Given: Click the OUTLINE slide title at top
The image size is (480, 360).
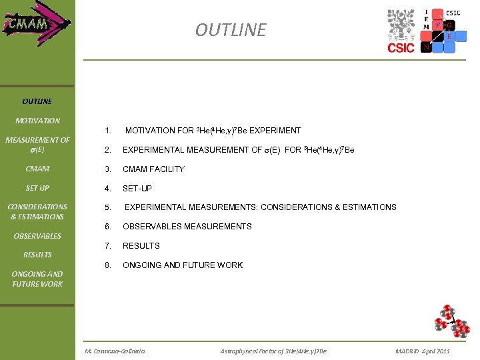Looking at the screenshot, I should coord(230,30).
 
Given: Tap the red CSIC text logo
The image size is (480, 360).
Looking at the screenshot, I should coord(401,47).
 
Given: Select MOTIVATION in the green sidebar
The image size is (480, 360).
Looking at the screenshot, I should coord(37,121).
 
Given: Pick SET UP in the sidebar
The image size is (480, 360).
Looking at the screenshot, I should coord(37,188).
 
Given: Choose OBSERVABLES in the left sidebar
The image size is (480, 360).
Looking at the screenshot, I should coord(37,236).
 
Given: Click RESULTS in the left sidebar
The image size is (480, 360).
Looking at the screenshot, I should coord(37,255).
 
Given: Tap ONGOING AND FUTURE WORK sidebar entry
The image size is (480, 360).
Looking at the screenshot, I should coord(37,279).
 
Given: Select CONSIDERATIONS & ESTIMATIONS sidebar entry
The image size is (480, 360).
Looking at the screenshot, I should coord(37,211).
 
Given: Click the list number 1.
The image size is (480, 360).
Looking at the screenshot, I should coord(107,131).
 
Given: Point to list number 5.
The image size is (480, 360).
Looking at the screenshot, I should coord(107,207).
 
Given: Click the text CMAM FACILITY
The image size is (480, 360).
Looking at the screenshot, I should coord(153,169).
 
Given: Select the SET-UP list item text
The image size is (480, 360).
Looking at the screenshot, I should coord(137,189).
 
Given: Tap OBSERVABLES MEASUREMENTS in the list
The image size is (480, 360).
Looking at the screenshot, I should coord(187,227).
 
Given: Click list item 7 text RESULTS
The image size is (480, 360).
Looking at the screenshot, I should coord(141,246).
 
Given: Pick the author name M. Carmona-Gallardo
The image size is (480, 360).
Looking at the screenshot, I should coord(115,351).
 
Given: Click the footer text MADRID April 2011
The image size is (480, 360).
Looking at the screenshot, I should coord(422,351).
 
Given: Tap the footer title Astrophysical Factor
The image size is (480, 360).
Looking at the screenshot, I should coord(273,351).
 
